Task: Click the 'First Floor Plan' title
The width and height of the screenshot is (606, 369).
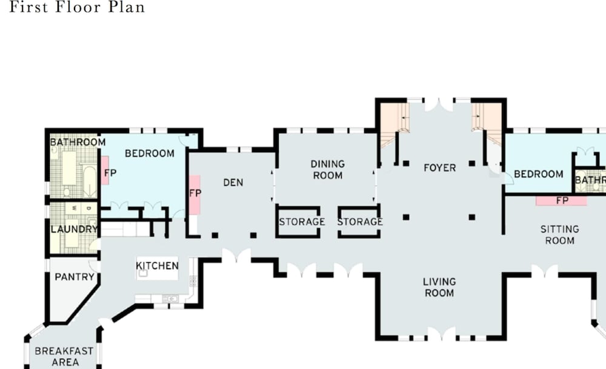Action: tap(77, 7)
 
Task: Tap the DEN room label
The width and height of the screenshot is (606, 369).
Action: tap(233, 182)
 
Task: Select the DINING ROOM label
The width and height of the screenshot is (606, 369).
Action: tap(327, 169)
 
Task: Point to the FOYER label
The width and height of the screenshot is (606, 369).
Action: tap(440, 168)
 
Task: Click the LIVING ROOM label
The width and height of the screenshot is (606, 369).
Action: tap(439, 287)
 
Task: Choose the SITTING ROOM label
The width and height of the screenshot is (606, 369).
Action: tap(559, 235)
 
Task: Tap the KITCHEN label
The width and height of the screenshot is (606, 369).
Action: tap(158, 266)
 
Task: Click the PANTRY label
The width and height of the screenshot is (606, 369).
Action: tap(75, 277)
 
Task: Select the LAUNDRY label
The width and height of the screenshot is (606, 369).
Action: tap(74, 229)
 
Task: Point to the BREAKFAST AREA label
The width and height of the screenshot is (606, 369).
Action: tap(64, 357)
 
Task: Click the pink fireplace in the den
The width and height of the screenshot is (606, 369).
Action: tap(195, 195)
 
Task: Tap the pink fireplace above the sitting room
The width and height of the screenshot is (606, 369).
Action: tap(561, 200)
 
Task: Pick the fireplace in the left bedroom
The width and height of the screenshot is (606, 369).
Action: tap(104, 171)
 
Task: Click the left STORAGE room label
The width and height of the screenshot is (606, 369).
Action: tap(302, 222)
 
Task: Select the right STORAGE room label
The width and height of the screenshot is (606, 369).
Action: tap(360, 222)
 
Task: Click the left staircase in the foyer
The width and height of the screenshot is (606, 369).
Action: tap(395, 124)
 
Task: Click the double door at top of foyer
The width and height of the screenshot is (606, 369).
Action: tap(439, 105)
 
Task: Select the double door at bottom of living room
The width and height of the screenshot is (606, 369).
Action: tap(442, 334)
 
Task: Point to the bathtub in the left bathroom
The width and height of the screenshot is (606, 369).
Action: tap(89, 180)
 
